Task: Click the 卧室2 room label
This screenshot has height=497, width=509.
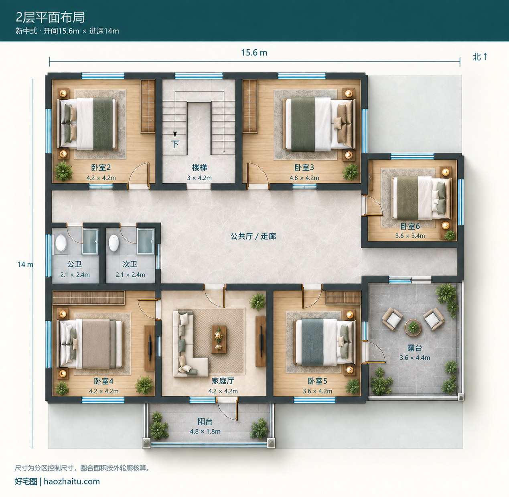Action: [101, 167]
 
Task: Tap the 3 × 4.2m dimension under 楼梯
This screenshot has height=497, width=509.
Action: [199, 178]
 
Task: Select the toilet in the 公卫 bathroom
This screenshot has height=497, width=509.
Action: [61, 243]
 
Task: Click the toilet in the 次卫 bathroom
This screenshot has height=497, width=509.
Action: [114, 243]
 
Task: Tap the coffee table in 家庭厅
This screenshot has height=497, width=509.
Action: [219, 339]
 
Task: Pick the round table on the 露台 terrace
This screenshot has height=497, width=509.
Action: [413, 327]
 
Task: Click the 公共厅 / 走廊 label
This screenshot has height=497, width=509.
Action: [253, 237]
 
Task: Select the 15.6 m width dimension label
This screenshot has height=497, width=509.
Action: [254, 53]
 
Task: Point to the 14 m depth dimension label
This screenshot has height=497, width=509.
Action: [25, 264]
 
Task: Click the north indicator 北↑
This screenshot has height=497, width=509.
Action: [480, 57]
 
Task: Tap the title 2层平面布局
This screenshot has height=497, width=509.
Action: [50, 17]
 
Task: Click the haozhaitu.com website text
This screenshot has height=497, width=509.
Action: [72, 481]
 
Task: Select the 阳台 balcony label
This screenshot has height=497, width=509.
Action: [205, 422]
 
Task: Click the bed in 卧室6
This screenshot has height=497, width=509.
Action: [421, 198]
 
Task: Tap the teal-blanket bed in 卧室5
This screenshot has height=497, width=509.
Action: [324, 342]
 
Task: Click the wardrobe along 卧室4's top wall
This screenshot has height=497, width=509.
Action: [88, 297]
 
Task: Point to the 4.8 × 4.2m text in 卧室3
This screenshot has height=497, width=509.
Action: [304, 178]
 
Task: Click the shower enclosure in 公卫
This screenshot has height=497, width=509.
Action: [90, 241]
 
